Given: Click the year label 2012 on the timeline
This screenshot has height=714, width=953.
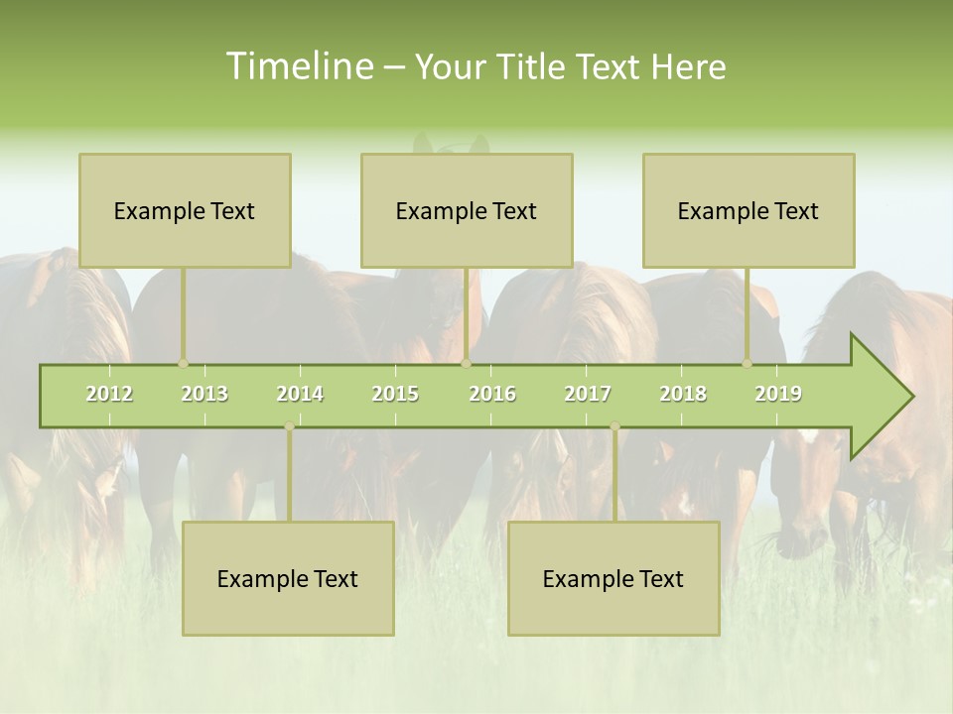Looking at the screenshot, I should pos(109,395).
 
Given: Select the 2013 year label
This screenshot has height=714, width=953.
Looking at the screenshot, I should pos(204,395).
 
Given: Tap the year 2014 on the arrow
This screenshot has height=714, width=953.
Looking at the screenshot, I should pos(300,395).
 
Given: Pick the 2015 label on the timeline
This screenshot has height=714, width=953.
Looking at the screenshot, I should pos(395,395).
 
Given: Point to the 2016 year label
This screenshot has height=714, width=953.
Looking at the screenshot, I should pos(492,395).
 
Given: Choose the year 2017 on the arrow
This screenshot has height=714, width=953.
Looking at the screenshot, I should pos(588,395).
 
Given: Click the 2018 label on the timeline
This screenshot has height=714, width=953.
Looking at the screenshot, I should pos(683,395).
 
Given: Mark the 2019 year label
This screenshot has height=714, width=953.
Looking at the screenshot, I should pos(778,395).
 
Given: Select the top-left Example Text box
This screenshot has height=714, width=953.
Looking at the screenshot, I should pos(185,210).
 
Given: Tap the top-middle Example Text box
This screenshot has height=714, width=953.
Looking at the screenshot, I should pos(467,210).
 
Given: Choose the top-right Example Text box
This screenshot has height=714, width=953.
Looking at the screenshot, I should pos(749,210).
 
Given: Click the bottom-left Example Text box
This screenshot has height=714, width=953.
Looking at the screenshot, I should pos(288,578).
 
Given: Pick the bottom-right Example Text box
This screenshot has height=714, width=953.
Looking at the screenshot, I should pos(613,578).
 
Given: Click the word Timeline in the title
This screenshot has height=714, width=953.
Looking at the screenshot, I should pos(298,66).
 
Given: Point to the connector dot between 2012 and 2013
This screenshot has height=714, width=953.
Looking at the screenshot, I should pos(183,364).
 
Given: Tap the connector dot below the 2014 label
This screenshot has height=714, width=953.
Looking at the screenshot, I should pos(289,426).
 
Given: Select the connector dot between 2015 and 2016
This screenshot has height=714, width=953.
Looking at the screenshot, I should pos(466,364).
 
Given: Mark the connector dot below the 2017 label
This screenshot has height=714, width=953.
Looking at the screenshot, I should pos(614,426).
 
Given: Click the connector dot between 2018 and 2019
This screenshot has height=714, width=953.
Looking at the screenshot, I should pos(748,364).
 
